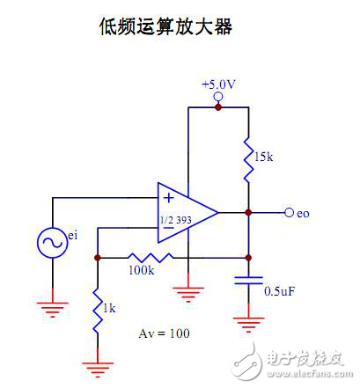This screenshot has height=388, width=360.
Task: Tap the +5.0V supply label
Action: coord(218,84)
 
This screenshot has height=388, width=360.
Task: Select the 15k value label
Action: coord(264,157)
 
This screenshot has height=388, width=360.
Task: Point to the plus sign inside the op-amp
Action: coord(167,198)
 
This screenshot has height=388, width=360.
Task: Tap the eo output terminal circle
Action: coord(289,212)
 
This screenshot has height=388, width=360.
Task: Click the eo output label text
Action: coord(303,213)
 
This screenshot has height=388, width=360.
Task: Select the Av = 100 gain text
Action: coord(164,334)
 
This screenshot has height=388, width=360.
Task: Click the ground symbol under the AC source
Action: coord(52,308)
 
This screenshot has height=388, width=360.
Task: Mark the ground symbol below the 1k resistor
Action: coord(95,364)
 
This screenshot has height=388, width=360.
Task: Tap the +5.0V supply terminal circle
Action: coord(218,96)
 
